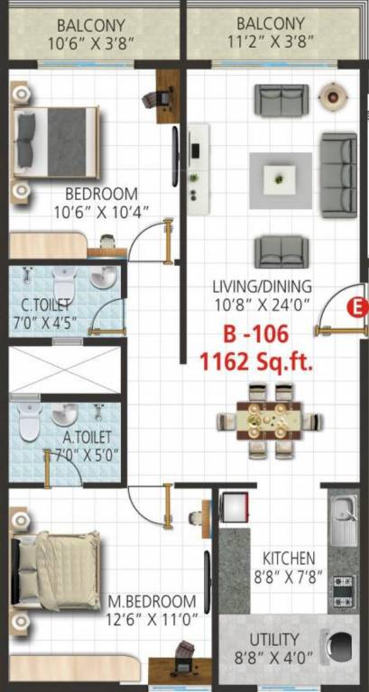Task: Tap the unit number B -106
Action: [256, 335]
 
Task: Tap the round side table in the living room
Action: [334, 94]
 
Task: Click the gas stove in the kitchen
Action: [344, 588]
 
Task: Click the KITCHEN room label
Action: [289, 558]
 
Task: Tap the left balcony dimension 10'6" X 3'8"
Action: [91, 42]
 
